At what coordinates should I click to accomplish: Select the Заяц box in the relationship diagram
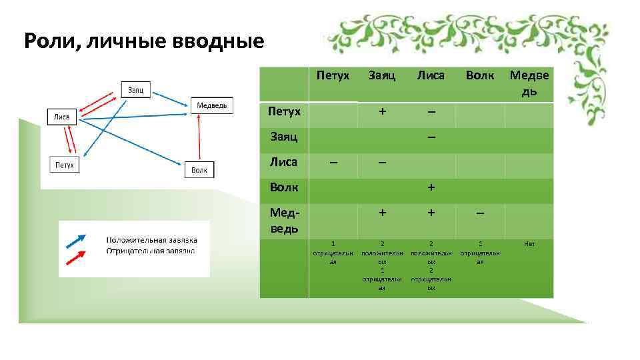[x=137, y=89]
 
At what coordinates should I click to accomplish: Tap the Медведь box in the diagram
[x=213, y=105]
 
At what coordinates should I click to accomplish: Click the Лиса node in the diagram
[x=62, y=117]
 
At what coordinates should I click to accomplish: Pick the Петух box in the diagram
[x=65, y=164]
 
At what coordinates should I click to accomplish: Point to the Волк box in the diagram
[x=199, y=171]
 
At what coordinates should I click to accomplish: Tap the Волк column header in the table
[x=480, y=76]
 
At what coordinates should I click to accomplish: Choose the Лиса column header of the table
[x=431, y=76]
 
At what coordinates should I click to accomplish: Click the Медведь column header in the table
[x=529, y=83]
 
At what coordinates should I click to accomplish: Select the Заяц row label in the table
[x=283, y=137]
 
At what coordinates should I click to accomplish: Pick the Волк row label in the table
[x=284, y=188]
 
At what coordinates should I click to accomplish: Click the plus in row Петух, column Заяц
[x=382, y=111]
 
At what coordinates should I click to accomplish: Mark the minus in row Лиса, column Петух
[x=333, y=163]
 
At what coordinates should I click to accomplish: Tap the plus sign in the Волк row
[x=431, y=188]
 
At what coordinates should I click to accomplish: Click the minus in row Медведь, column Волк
[x=480, y=213]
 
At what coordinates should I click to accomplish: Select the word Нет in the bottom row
[x=529, y=245]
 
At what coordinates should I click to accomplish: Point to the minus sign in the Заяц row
[x=431, y=137]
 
